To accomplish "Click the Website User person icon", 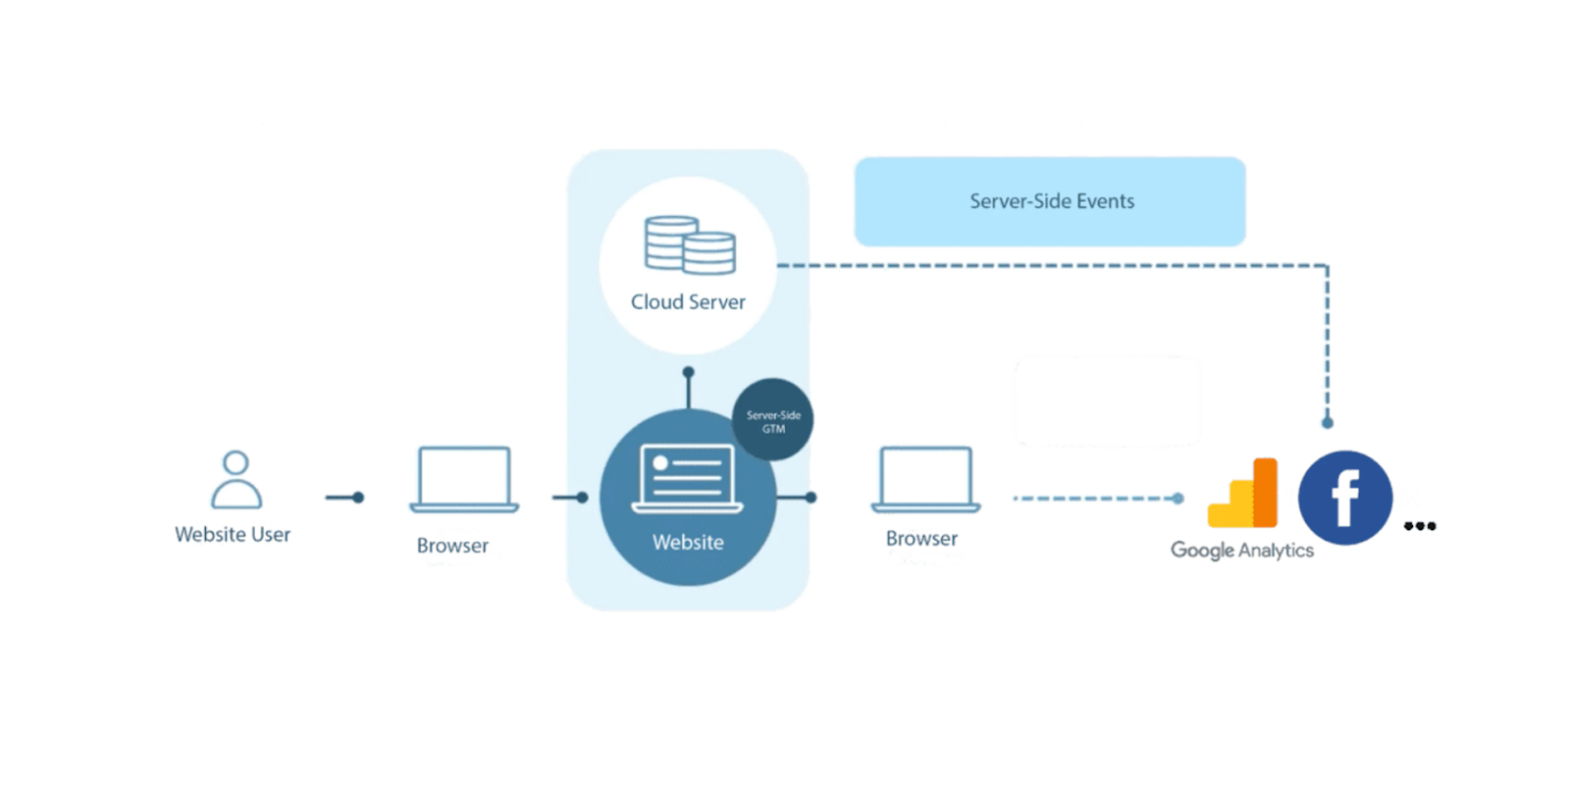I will point(235,479).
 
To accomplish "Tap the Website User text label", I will point(233,535).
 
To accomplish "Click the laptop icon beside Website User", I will point(464,480).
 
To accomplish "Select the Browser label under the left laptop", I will point(452,546).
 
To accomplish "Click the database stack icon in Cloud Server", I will point(690,245).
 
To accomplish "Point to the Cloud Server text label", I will point(688,302).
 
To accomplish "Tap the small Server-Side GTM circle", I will point(773,420).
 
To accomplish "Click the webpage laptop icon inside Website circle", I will point(687,479).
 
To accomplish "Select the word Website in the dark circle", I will point(688,543).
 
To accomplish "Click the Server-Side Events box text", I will point(1051,201).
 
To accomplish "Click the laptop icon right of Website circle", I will point(926,480).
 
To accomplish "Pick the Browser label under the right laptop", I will point(921,539).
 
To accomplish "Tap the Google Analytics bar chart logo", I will point(1244,493).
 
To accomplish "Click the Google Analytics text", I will point(1241,551).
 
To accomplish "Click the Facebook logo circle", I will point(1344,498).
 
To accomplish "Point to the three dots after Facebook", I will point(1420,526).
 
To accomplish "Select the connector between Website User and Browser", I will point(344,498).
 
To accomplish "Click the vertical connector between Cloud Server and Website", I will point(689,390).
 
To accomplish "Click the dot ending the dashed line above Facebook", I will point(1328,423).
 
